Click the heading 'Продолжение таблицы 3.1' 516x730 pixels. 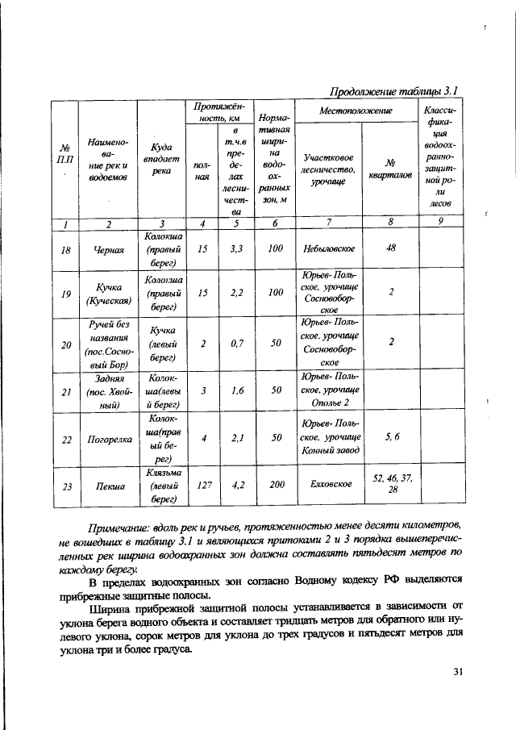click(x=396, y=90)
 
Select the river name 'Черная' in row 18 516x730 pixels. click(x=108, y=250)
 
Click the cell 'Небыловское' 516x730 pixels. click(x=329, y=250)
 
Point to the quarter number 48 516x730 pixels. click(x=390, y=248)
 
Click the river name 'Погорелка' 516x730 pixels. click(x=108, y=440)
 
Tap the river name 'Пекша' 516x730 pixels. click(x=108, y=486)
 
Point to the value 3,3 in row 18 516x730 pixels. click(x=236, y=250)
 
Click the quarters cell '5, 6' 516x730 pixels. click(x=391, y=438)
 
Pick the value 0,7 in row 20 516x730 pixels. click(x=236, y=344)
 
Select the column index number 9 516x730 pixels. click(x=440, y=223)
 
